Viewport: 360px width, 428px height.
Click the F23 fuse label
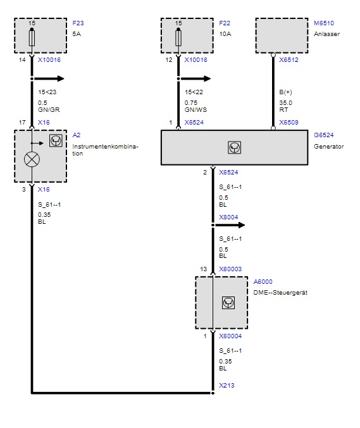[78, 23]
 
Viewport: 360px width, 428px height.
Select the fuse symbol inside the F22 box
[178, 38]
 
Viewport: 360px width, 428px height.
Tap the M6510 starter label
[324, 23]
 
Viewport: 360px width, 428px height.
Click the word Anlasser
[326, 34]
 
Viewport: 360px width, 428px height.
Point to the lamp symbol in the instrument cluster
[32, 159]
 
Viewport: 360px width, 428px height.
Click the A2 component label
[77, 135]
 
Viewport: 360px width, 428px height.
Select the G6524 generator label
[324, 135]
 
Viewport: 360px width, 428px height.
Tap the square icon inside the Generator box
[234, 147]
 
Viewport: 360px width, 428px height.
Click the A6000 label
[263, 282]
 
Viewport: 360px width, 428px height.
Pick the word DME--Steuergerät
[280, 293]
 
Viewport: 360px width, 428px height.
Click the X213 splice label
[227, 386]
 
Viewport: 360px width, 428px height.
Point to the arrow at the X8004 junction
[229, 225]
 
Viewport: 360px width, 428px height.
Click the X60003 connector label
[230, 269]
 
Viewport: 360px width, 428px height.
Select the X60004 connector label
[230, 336]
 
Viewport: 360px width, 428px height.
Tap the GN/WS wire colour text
[196, 110]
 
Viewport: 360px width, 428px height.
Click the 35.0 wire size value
[285, 103]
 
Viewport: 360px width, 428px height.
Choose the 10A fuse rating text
[225, 34]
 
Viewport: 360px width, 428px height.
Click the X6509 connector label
[289, 122]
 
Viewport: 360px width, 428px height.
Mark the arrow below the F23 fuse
[48, 79]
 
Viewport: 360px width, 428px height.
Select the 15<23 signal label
[47, 92]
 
